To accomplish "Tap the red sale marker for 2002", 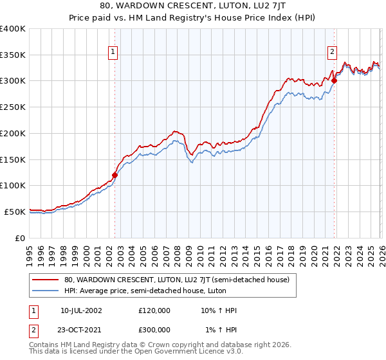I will (x=115, y=175).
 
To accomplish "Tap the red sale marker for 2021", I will (x=334, y=81).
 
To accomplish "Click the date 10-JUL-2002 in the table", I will (x=81, y=310).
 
